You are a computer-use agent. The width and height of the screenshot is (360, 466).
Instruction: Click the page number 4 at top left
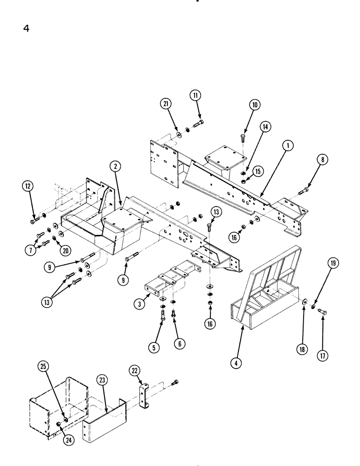(x=27, y=28)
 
